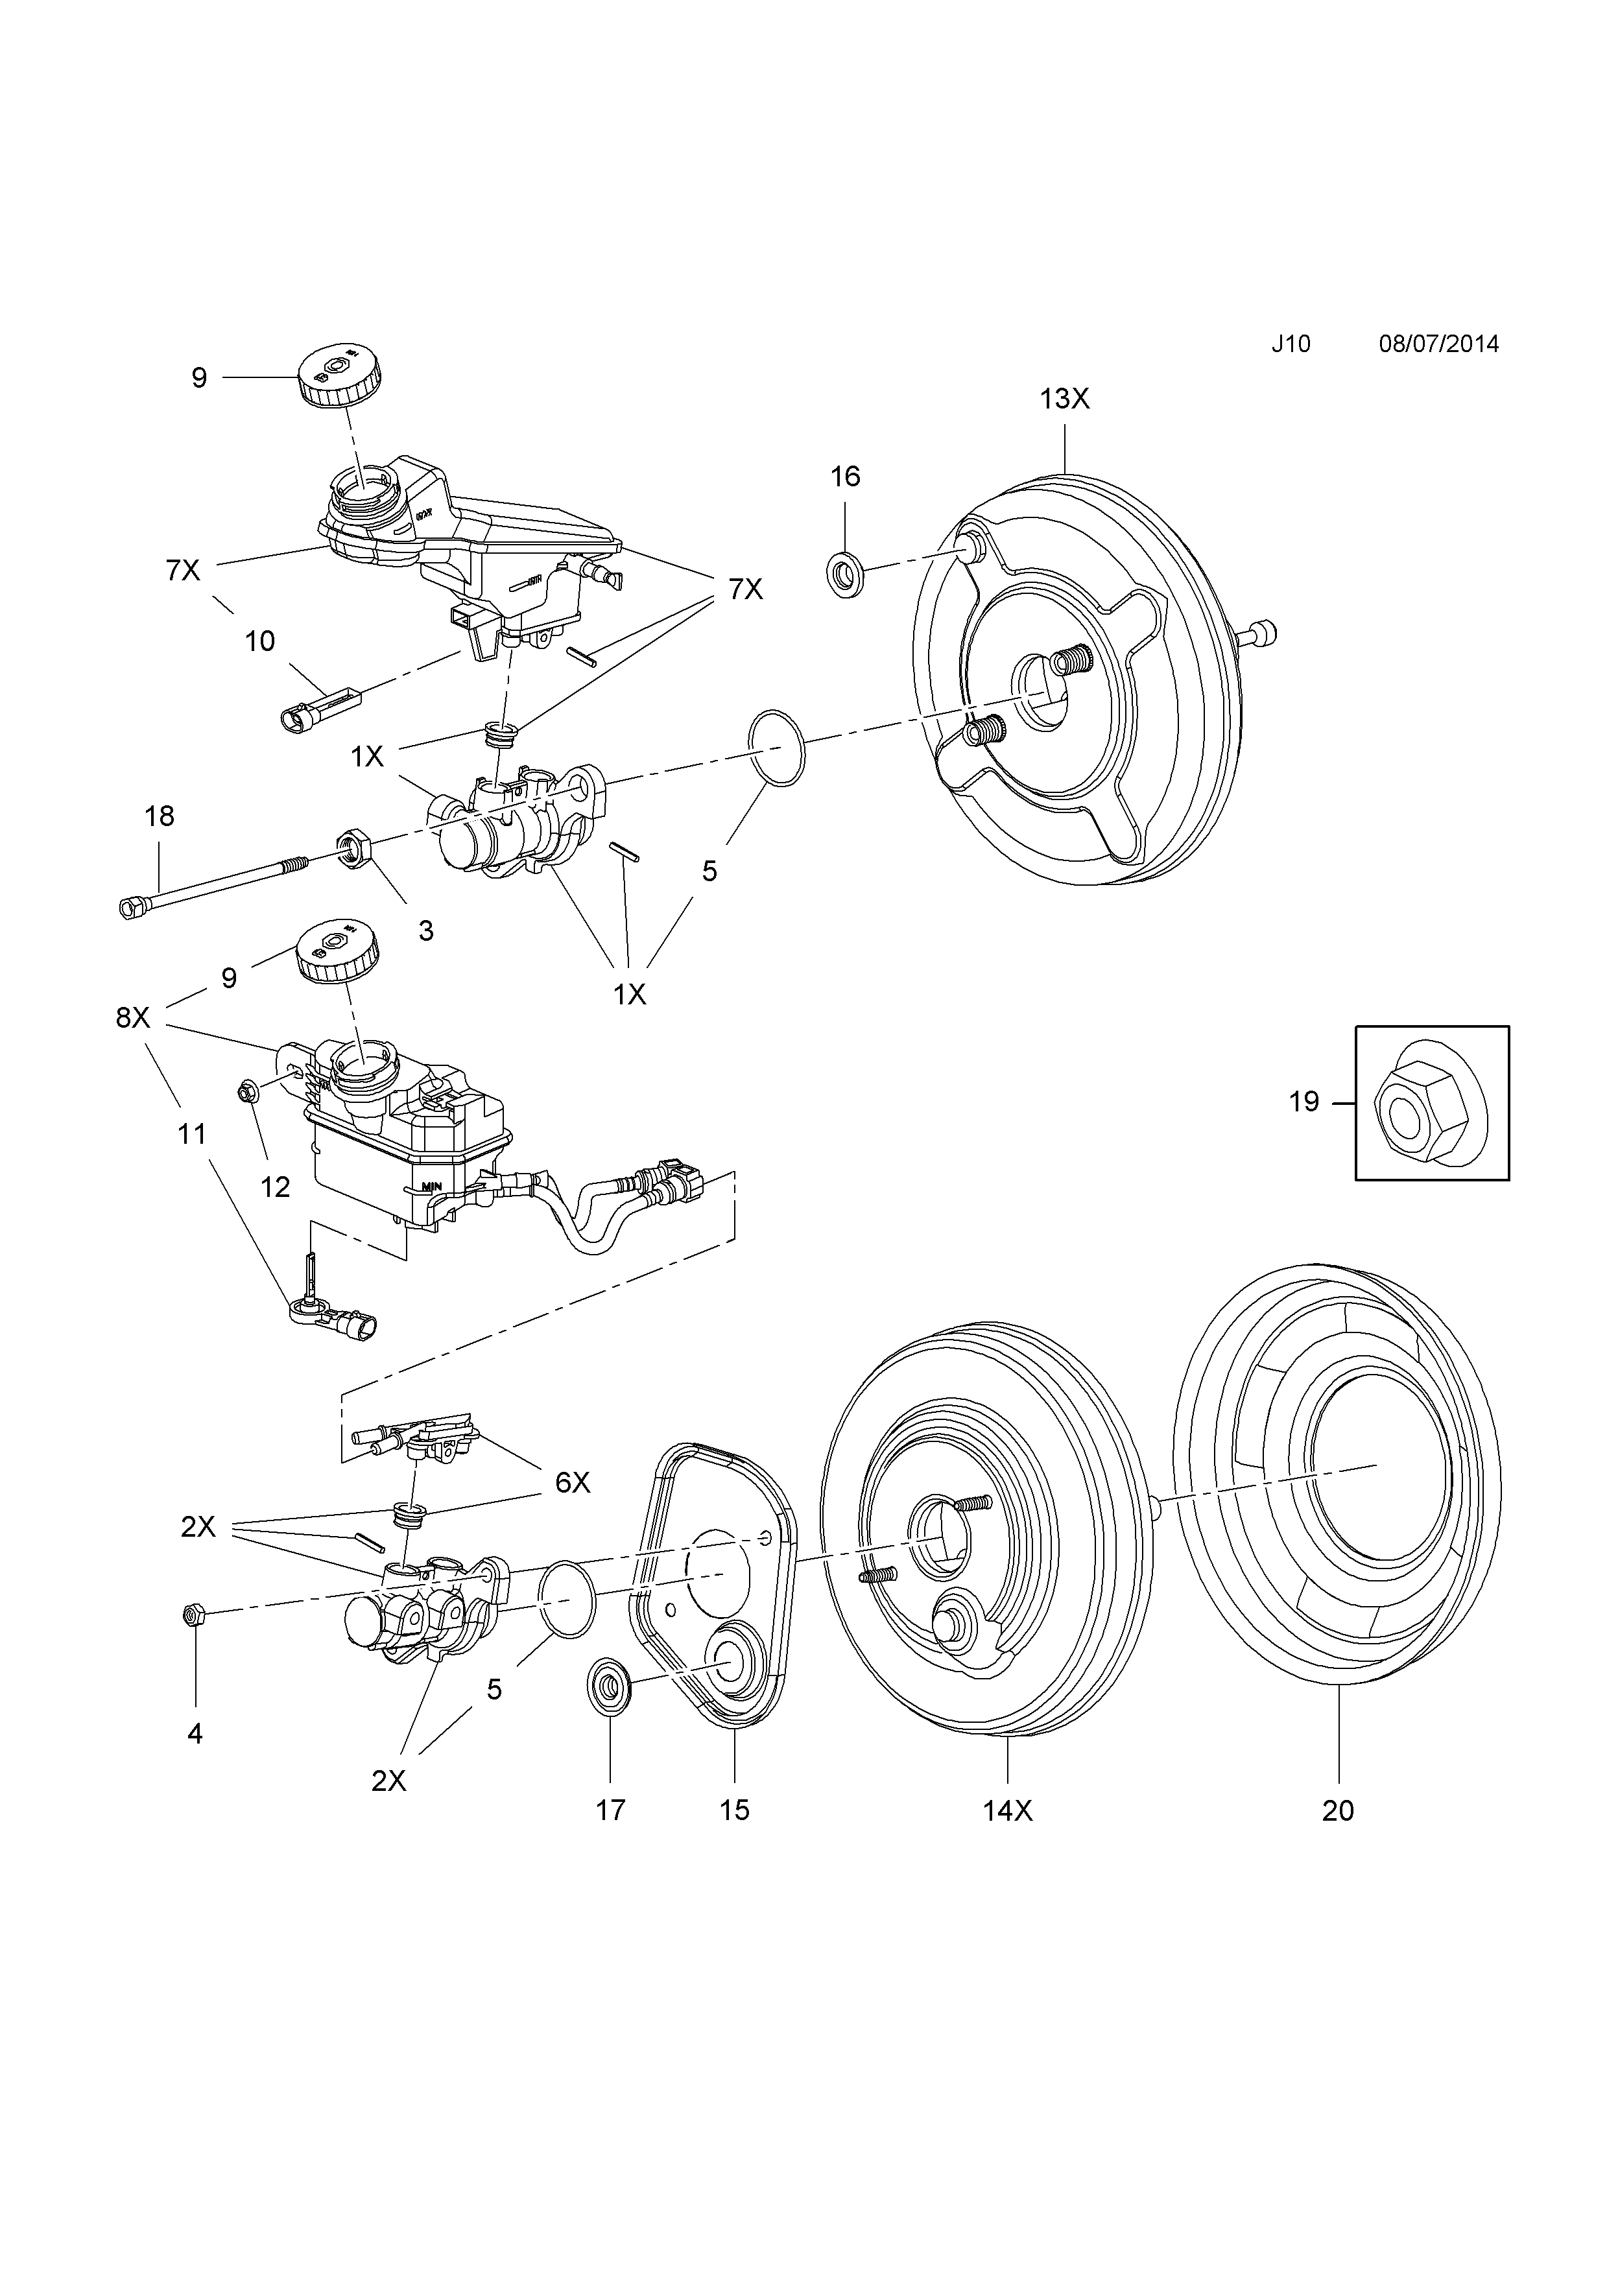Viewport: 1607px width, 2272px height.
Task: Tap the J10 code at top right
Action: [1291, 344]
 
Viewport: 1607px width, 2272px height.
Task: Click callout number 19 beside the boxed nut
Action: [1303, 1102]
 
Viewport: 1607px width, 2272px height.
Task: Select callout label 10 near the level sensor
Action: [259, 641]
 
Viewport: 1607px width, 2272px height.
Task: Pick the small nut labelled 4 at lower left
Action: [194, 1616]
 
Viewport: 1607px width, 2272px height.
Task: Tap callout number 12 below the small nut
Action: [274, 1187]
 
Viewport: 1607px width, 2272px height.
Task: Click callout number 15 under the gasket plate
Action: [734, 1810]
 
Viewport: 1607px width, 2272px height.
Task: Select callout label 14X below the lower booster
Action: [1007, 1810]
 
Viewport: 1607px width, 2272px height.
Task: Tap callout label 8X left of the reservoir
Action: [132, 1016]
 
